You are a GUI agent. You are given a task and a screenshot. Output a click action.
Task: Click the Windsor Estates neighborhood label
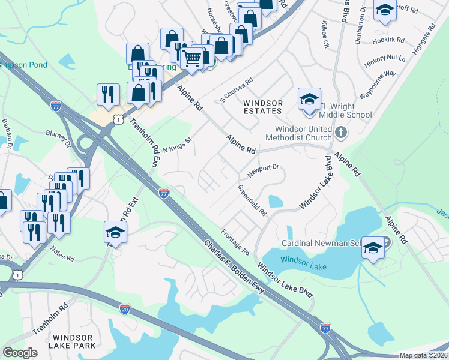[262, 107]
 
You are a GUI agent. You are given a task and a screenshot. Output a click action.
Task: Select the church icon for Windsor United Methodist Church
[340, 131]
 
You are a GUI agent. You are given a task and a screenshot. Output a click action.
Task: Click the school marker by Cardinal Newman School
[373, 247]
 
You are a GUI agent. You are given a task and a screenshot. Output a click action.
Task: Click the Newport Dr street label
[264, 170]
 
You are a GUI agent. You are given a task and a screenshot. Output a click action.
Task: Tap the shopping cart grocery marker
[191, 59]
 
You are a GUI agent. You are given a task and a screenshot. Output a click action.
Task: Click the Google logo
[20, 353]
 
